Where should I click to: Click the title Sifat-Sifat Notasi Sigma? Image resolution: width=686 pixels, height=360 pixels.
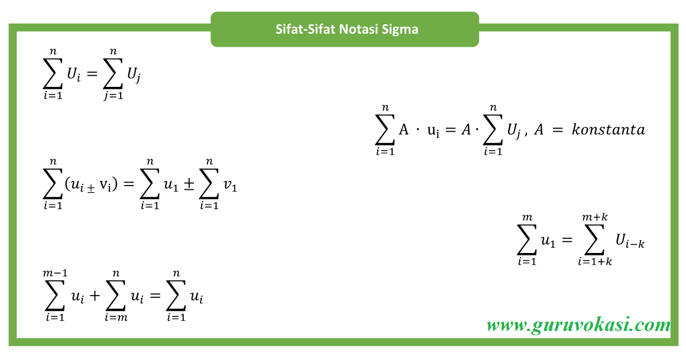tap(347, 29)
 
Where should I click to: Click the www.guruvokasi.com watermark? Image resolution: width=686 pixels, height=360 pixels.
tap(578, 325)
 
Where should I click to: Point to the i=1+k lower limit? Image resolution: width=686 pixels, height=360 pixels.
tap(595, 261)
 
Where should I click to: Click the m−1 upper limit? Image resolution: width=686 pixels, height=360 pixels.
tap(54, 273)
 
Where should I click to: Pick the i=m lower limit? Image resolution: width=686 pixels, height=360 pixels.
tap(117, 317)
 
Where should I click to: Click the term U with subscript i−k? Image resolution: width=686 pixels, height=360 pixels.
tap(629, 241)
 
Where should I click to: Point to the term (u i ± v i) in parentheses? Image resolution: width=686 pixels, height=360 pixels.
tap(92, 185)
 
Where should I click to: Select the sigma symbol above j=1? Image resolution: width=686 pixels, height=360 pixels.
tap(112, 74)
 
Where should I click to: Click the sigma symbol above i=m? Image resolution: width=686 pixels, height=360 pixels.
tap(117, 296)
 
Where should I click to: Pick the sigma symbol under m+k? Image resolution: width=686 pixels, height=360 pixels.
tap(595, 239)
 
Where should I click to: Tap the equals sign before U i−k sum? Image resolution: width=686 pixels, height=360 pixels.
tap(567, 240)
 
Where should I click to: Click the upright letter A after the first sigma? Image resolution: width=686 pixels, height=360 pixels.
tap(403, 130)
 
